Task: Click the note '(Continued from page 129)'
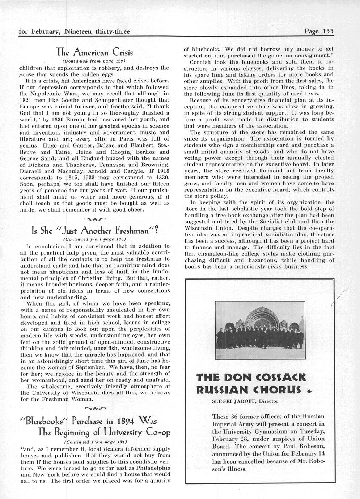click(94, 61)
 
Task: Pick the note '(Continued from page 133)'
click(94, 239)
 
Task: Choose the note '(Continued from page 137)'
click(94, 442)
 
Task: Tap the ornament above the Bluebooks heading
click(94, 409)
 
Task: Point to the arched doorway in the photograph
click(261, 319)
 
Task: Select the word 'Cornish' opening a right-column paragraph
click(201, 62)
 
